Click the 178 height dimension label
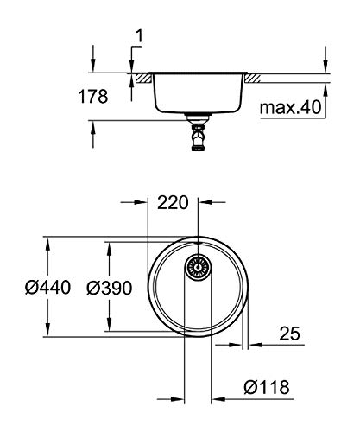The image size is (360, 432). [x=93, y=97]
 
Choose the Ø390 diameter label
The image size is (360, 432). [x=111, y=289]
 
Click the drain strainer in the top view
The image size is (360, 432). [x=198, y=269]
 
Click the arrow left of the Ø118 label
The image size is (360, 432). [x=218, y=398]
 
